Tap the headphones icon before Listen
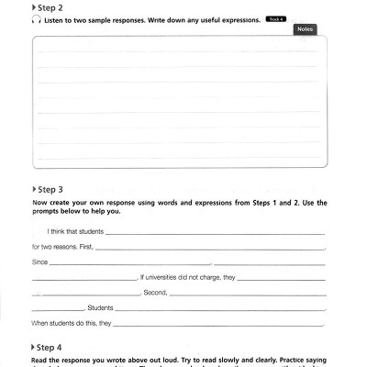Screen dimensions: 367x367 click(34, 19)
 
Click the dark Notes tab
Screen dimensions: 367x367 click(305, 29)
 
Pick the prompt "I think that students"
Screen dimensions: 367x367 click(77, 233)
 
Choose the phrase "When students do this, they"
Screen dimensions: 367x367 click(71, 324)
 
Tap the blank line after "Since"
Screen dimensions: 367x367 click(128, 265)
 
